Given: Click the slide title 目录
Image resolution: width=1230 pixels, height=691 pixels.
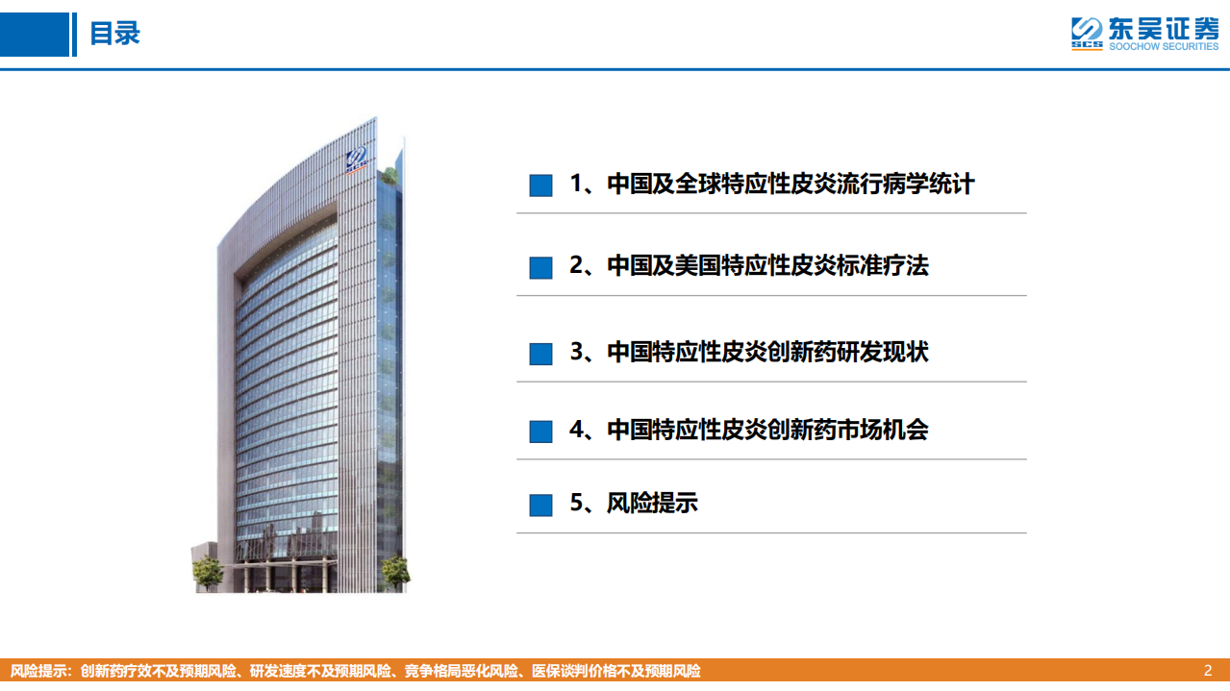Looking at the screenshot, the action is point(114,34).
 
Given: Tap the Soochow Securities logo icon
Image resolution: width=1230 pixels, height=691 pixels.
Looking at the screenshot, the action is point(1086,34).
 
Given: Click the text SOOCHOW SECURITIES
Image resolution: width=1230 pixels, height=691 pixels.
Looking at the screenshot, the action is point(1164,47).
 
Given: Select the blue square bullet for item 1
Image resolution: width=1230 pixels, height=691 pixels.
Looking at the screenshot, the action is point(540,185).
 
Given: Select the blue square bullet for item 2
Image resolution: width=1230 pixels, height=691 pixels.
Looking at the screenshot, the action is point(540,268).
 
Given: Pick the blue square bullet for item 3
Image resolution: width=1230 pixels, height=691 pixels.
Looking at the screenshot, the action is point(540,354).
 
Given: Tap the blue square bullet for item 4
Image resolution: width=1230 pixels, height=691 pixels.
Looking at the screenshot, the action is point(540,432).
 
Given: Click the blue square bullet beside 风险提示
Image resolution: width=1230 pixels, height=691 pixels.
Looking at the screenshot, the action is point(540,505).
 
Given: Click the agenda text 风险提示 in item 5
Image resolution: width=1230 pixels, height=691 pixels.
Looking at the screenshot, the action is point(652,503).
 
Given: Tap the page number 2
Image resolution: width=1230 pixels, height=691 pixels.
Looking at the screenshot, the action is point(1208,671).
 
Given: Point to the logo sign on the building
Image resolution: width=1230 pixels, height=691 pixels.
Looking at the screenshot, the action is point(357,161).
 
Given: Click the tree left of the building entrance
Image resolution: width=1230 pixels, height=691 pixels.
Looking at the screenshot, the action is point(208,572).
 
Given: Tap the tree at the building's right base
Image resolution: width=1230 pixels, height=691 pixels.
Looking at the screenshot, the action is point(395,573).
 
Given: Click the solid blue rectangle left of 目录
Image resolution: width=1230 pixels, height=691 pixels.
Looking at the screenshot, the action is point(35,35).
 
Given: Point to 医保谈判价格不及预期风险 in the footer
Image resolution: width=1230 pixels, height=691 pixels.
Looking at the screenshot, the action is point(616,671).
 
